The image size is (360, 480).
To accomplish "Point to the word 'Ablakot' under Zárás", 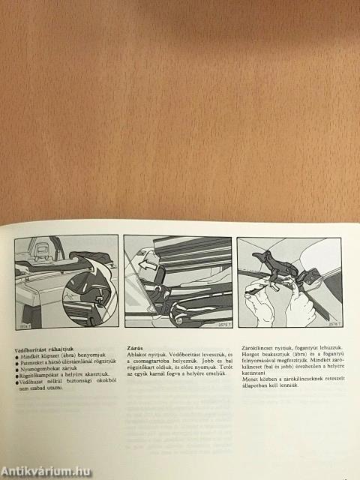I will (x=135, y=355).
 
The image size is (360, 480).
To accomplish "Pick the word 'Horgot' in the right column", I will (x=247, y=355).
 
